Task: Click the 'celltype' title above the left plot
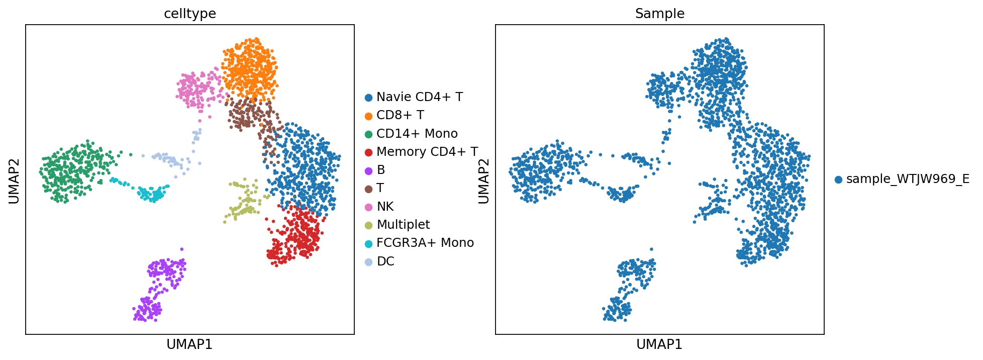pyautogui.click(x=190, y=14)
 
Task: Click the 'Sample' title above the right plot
pyautogui.click(x=659, y=14)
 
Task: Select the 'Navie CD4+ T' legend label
pyautogui.click(x=419, y=97)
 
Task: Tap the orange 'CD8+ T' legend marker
pyautogui.click(x=369, y=116)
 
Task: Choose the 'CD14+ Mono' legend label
pyautogui.click(x=417, y=134)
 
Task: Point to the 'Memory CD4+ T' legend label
pyautogui.click(x=427, y=152)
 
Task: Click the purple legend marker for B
pyautogui.click(x=369, y=170)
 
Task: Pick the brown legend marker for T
pyautogui.click(x=369, y=189)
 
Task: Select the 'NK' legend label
pyautogui.click(x=385, y=207)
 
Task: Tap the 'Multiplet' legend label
pyautogui.click(x=403, y=225)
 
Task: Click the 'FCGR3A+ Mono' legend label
pyautogui.click(x=425, y=243)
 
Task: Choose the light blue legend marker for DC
pyautogui.click(x=369, y=261)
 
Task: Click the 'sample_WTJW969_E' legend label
pyautogui.click(x=908, y=179)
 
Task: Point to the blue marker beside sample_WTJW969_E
pyautogui.click(x=838, y=179)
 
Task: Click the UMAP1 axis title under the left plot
pyautogui.click(x=189, y=344)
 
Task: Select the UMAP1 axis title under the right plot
pyautogui.click(x=659, y=344)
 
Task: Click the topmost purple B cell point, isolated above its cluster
pyautogui.click(x=182, y=249)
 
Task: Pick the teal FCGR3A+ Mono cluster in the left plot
pyautogui.click(x=151, y=194)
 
